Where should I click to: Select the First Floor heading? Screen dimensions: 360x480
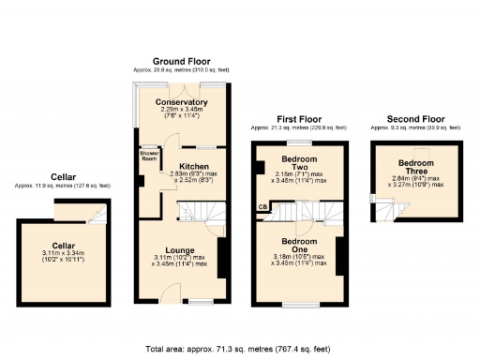pyautogui.click(x=299, y=120)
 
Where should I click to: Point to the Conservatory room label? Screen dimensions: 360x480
pyautogui.click(x=182, y=102)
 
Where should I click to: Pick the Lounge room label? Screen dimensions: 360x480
pyautogui.click(x=180, y=250)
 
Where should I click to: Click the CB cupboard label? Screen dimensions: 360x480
pyautogui.click(x=262, y=207)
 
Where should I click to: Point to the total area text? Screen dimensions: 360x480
pyautogui.click(x=239, y=349)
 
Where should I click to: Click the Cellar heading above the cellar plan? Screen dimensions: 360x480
pyautogui.click(x=63, y=177)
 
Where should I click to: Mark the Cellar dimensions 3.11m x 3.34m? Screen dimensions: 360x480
pyautogui.click(x=64, y=255)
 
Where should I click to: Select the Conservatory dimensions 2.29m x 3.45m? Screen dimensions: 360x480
pyautogui.click(x=182, y=113)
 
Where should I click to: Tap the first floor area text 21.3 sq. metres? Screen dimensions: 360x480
pyautogui.click(x=299, y=129)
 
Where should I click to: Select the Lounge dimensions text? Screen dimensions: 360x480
pyautogui.click(x=180, y=262)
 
